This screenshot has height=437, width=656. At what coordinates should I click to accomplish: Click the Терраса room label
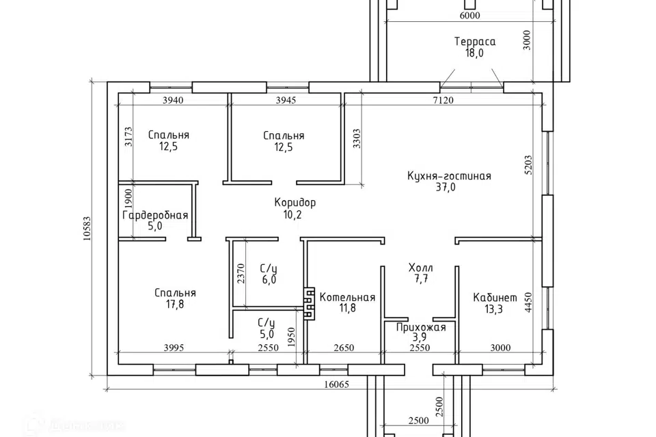(x=475, y=42)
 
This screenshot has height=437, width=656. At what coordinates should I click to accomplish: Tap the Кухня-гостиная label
(x=449, y=175)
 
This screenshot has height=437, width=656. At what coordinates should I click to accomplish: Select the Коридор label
(x=295, y=203)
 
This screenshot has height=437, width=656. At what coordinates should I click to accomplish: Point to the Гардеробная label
(x=155, y=215)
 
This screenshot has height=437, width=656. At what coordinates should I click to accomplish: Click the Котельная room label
(x=347, y=297)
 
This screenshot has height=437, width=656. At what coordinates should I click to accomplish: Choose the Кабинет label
(x=495, y=298)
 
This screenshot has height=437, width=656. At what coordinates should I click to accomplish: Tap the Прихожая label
(x=421, y=328)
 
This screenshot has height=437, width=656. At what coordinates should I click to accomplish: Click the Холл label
(x=420, y=268)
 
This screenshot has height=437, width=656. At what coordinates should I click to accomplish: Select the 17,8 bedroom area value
(x=174, y=305)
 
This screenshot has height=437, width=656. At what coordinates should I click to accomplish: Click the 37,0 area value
(x=446, y=187)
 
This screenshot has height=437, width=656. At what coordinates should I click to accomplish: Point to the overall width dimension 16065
(x=336, y=384)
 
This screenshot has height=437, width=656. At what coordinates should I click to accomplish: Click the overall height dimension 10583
(x=87, y=228)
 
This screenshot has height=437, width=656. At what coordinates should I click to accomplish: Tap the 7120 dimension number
(x=443, y=100)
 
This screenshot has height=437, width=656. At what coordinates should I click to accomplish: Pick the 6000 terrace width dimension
(x=469, y=16)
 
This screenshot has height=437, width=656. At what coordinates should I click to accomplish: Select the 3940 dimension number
(x=173, y=100)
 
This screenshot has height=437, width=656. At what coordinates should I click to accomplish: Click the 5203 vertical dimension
(x=528, y=165)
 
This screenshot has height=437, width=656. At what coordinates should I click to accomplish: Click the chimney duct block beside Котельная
(x=309, y=304)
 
